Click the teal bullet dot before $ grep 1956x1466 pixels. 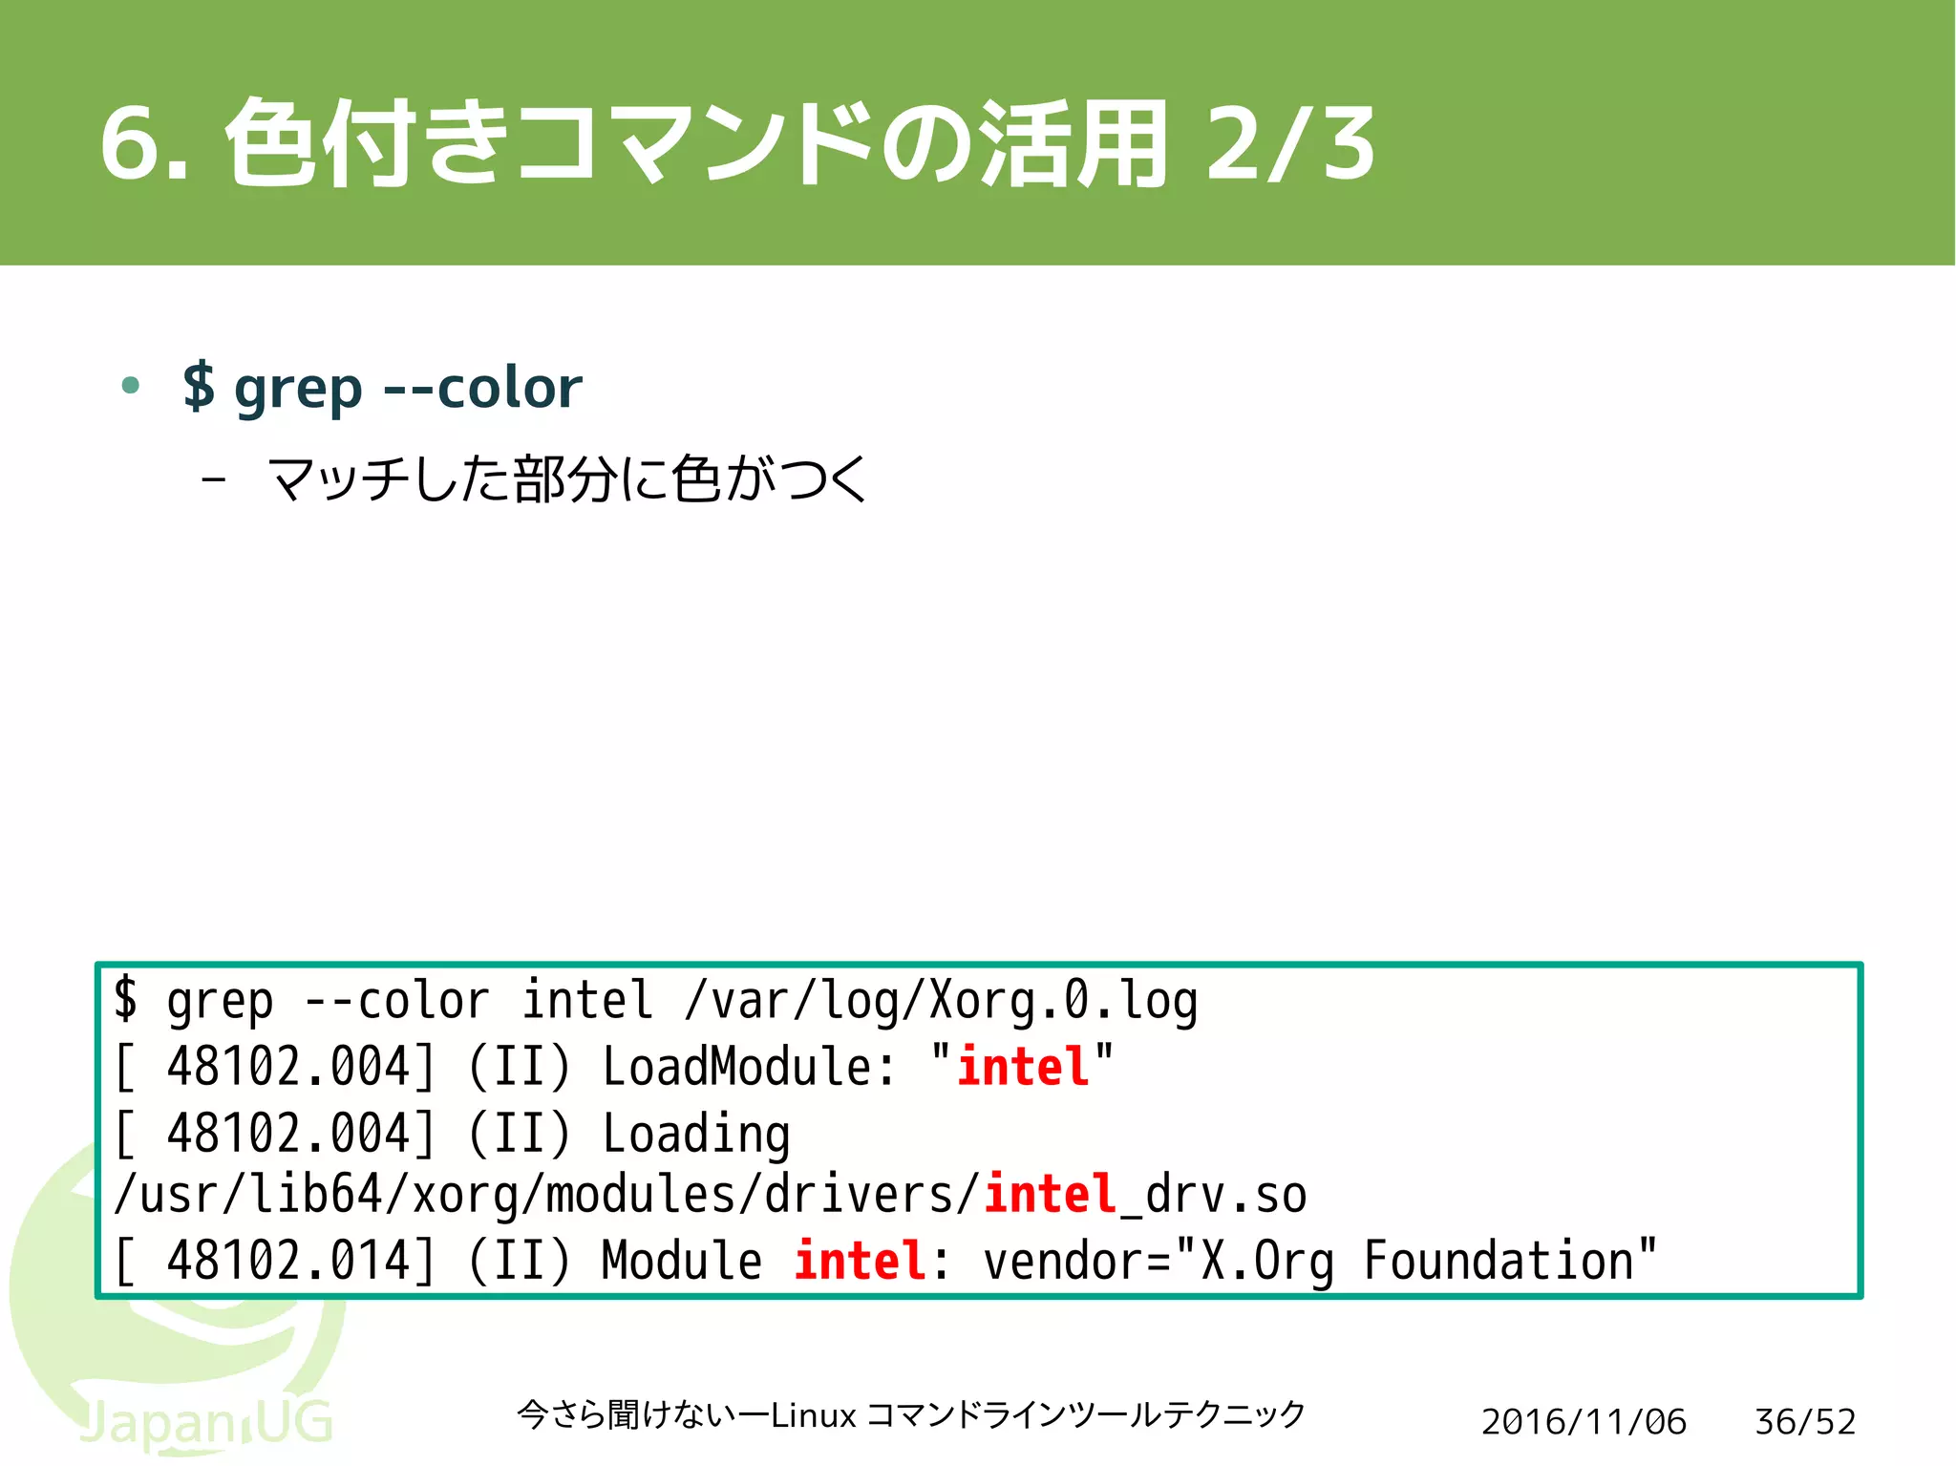(x=131, y=386)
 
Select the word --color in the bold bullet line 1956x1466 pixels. (x=482, y=388)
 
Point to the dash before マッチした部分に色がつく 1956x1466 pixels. (x=214, y=479)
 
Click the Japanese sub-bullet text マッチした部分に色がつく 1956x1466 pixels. (x=567, y=479)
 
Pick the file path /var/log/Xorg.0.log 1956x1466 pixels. (x=941, y=1001)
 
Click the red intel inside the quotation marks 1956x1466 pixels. (x=1023, y=1067)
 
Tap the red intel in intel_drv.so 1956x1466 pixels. (x=1050, y=1195)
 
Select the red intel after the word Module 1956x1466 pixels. (x=860, y=1261)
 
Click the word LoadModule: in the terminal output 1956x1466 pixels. (x=750, y=1067)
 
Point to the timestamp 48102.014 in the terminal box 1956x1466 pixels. (x=288, y=1261)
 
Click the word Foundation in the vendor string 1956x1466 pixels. (x=1499, y=1261)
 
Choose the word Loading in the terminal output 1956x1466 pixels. (x=696, y=1134)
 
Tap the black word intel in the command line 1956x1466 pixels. (x=587, y=1001)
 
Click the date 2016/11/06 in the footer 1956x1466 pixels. (x=1584, y=1422)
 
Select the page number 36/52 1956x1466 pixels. (x=1805, y=1422)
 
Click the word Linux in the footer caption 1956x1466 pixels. (x=813, y=1415)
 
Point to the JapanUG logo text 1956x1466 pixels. (x=205, y=1423)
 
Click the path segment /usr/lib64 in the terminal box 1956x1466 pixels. (x=248, y=1195)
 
